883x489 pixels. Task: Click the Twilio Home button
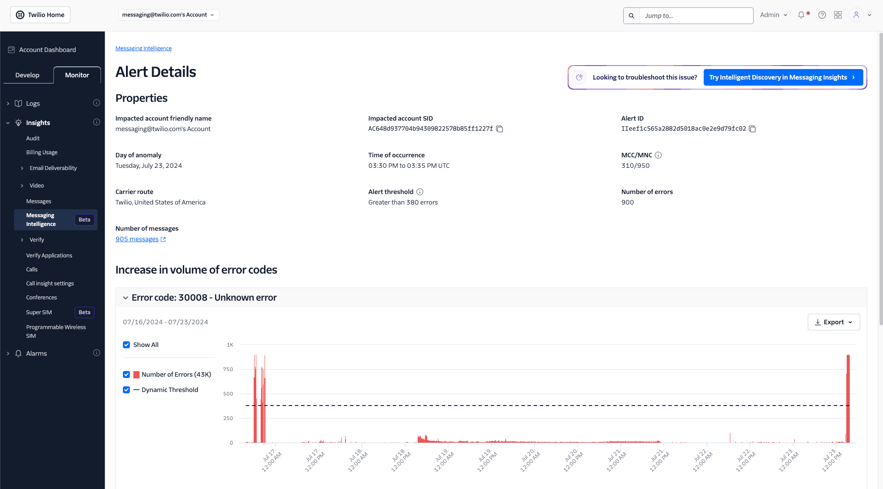click(40, 15)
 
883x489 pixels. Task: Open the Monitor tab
click(77, 75)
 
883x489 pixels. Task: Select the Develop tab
click(27, 75)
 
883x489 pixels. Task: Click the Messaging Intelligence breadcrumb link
click(143, 49)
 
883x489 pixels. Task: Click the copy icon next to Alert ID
click(752, 129)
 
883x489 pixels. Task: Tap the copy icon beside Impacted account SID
click(499, 129)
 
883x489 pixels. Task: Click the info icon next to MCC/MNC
click(658, 155)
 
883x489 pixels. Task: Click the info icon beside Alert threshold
click(420, 192)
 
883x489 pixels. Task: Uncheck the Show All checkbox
click(126, 345)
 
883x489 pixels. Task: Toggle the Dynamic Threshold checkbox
click(126, 390)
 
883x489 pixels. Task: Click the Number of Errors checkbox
click(126, 375)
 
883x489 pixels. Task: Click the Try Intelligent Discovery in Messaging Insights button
click(783, 77)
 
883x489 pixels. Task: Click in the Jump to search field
click(695, 16)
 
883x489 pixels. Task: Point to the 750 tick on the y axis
click(228, 369)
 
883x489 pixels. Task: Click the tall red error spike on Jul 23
click(848, 398)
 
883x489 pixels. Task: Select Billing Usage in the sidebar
click(42, 153)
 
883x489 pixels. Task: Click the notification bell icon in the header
click(801, 15)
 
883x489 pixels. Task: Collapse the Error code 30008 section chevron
click(126, 298)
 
